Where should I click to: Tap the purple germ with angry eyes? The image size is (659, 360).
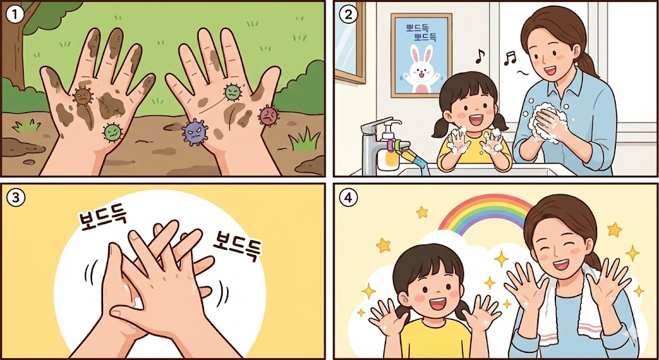tap(195, 131)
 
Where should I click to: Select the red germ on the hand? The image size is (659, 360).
tap(269, 115)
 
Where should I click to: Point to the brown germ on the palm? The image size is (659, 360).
tap(82, 97)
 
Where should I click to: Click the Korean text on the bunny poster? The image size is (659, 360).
tap(422, 33)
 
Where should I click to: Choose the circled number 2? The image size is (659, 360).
tap(348, 15)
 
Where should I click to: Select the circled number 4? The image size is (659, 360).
tap(348, 198)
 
